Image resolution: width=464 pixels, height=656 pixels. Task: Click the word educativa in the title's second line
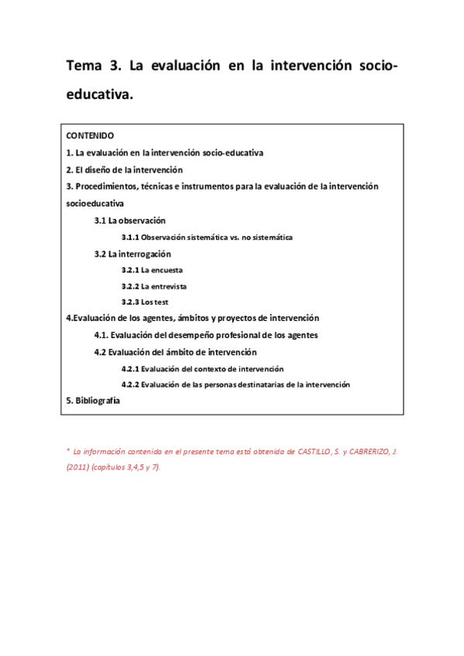(98, 95)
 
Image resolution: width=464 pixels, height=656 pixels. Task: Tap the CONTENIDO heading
(91, 135)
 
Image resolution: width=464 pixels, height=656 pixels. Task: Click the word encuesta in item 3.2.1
(167, 270)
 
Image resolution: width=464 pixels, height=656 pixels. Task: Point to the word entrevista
(169, 286)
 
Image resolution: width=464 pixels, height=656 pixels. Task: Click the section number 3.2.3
(130, 302)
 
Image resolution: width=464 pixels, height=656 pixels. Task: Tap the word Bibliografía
(98, 401)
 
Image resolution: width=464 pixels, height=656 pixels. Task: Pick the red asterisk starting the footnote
(68, 449)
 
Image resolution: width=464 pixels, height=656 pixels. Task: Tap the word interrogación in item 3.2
(145, 254)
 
